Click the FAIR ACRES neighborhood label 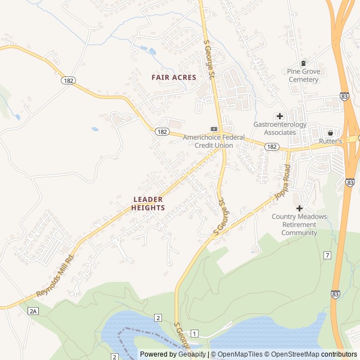pos(174,77)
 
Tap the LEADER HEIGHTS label pos(148,204)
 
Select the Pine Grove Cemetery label pos(303,75)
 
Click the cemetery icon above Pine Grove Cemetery pos(304,63)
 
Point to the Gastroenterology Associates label pos(280,128)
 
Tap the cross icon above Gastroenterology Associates pos(280,116)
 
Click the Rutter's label pos(331,141)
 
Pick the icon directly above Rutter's pos(330,133)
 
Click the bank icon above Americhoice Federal pos(214,129)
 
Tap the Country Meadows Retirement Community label pos(299,224)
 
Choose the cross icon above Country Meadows pos(299,208)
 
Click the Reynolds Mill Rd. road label pos(56,276)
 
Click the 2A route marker pos(33,310)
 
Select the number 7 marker pos(327,255)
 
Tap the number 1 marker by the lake pos(194,334)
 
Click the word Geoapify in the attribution pos(192,354)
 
